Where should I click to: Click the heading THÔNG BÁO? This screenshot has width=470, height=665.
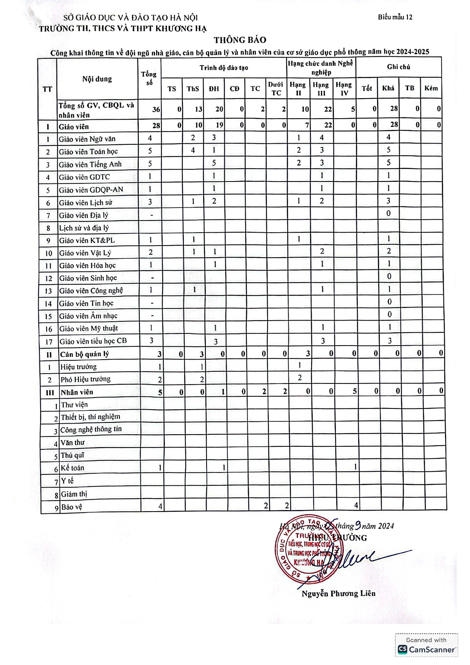click(240, 40)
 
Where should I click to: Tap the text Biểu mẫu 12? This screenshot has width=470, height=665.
click(395, 17)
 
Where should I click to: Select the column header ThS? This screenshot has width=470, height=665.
click(193, 89)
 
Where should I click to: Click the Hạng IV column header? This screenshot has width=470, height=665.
click(344, 88)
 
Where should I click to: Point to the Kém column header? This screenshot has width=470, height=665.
click(431, 88)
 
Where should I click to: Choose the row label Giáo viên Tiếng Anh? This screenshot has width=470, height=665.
click(90, 164)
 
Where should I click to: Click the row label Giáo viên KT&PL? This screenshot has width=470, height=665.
click(87, 240)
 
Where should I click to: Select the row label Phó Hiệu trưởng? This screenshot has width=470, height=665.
click(86, 379)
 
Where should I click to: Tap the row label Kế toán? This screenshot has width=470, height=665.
click(72, 468)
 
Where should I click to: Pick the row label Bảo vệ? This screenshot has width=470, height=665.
click(72, 507)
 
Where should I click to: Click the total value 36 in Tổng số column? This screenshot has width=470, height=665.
click(156, 110)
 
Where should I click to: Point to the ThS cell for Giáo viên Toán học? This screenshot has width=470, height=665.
click(193, 150)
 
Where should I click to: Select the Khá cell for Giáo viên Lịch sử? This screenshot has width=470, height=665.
click(388, 201)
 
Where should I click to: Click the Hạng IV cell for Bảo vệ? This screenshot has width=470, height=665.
click(356, 505)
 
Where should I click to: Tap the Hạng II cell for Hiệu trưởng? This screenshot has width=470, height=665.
click(299, 365)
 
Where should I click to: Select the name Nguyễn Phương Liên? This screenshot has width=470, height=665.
click(338, 593)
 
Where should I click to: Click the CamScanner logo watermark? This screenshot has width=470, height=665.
click(426, 649)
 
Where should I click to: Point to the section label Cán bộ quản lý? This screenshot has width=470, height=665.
click(85, 354)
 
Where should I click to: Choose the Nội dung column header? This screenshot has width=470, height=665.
click(97, 79)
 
